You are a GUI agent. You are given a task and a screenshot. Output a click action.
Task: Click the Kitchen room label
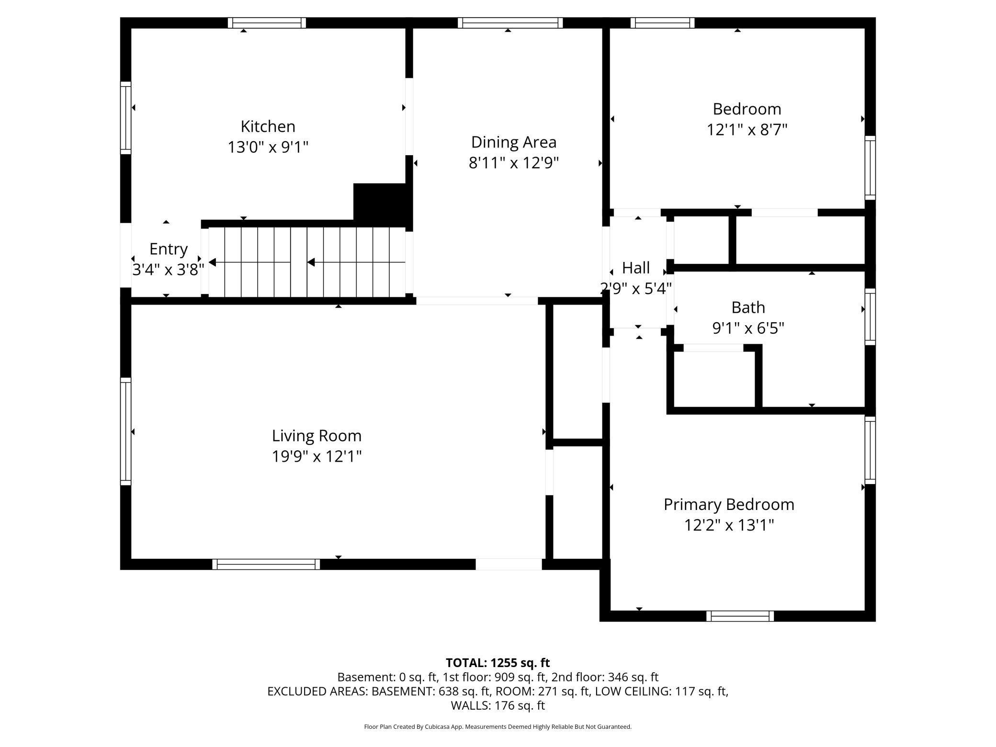click(x=268, y=126)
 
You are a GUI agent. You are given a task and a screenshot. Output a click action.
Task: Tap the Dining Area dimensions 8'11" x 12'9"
click(x=514, y=163)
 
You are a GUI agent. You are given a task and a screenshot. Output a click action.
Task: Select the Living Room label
click(x=317, y=436)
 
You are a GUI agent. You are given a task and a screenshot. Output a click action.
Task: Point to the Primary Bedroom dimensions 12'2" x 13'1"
click(x=729, y=525)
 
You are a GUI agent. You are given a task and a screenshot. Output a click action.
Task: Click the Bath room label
click(x=748, y=307)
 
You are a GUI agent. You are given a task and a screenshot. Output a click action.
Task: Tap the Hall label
click(x=636, y=268)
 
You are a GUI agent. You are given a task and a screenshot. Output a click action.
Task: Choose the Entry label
click(x=168, y=249)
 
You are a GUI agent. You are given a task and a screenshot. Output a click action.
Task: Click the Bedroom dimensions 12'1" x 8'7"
click(x=747, y=130)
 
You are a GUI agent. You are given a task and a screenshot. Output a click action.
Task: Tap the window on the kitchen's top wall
click(x=267, y=23)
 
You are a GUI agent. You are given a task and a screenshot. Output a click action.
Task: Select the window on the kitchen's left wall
click(x=125, y=118)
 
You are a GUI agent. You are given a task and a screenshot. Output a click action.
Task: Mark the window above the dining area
click(x=510, y=23)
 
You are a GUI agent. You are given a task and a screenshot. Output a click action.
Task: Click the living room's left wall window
click(x=125, y=431)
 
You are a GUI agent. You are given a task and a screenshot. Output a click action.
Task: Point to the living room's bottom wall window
click(x=266, y=564)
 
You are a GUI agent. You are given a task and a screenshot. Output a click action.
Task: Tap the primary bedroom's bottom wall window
click(x=740, y=616)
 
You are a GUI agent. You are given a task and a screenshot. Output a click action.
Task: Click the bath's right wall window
click(x=870, y=317)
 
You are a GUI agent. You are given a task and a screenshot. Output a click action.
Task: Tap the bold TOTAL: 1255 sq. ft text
click(x=498, y=663)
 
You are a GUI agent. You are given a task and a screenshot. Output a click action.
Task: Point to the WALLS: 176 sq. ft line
click(x=498, y=705)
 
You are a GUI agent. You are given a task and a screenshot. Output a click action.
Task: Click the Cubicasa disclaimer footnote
click(x=498, y=727)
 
